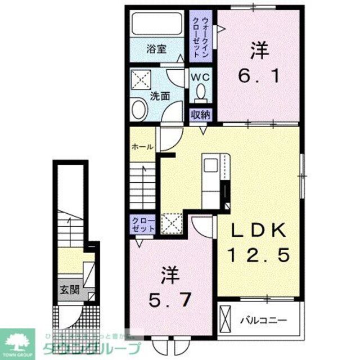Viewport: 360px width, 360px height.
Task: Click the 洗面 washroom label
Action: click(160, 96)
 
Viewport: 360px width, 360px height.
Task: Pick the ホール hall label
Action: click(141, 147)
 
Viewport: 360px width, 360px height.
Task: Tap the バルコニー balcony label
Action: click(264, 320)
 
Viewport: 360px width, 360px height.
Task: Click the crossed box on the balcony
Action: click(224, 318)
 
